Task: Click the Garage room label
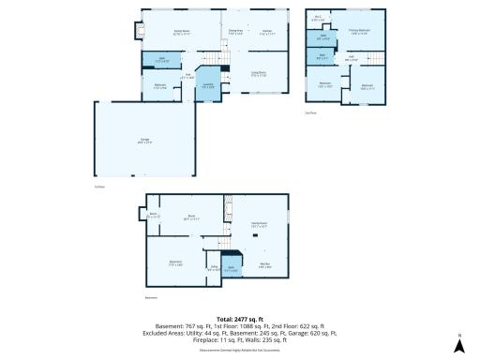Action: point(118,141)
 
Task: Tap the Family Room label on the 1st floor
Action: point(183,32)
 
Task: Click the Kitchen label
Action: point(266,32)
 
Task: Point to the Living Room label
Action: point(258,73)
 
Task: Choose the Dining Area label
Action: point(235,32)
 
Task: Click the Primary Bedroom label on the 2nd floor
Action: point(360,32)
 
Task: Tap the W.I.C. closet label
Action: point(318,18)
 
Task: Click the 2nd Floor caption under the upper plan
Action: point(310,112)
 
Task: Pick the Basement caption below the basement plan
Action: point(150,297)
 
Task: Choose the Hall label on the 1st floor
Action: point(187,75)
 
